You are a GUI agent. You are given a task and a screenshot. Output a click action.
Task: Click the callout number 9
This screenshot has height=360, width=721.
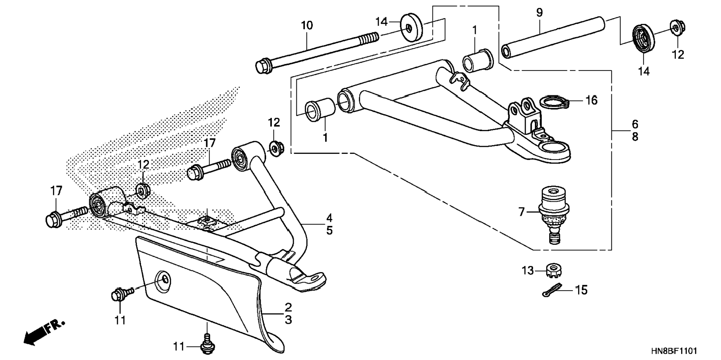pos(539,13)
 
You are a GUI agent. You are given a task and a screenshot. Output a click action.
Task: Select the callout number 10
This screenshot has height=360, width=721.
pos(307,26)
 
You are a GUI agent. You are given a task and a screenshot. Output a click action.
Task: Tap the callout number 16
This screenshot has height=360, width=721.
pos(591,100)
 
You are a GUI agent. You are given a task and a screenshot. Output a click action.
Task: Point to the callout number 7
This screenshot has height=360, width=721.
pos(522,212)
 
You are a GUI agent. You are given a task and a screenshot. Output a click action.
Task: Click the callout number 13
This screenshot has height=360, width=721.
pos(528,271)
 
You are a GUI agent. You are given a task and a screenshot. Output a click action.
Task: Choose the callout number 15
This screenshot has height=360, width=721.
pos(582,290)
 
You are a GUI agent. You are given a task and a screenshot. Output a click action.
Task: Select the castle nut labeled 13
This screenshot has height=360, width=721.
pos(554,270)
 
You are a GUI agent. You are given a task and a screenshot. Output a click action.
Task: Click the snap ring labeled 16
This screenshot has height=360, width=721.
pos(554,102)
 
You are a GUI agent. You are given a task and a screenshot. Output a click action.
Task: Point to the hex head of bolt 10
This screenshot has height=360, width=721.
pos(263,66)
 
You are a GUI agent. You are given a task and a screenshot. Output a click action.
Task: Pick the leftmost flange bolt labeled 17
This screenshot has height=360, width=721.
pos(66,217)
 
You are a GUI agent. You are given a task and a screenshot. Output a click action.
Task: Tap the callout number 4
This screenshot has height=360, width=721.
pos(329,218)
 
